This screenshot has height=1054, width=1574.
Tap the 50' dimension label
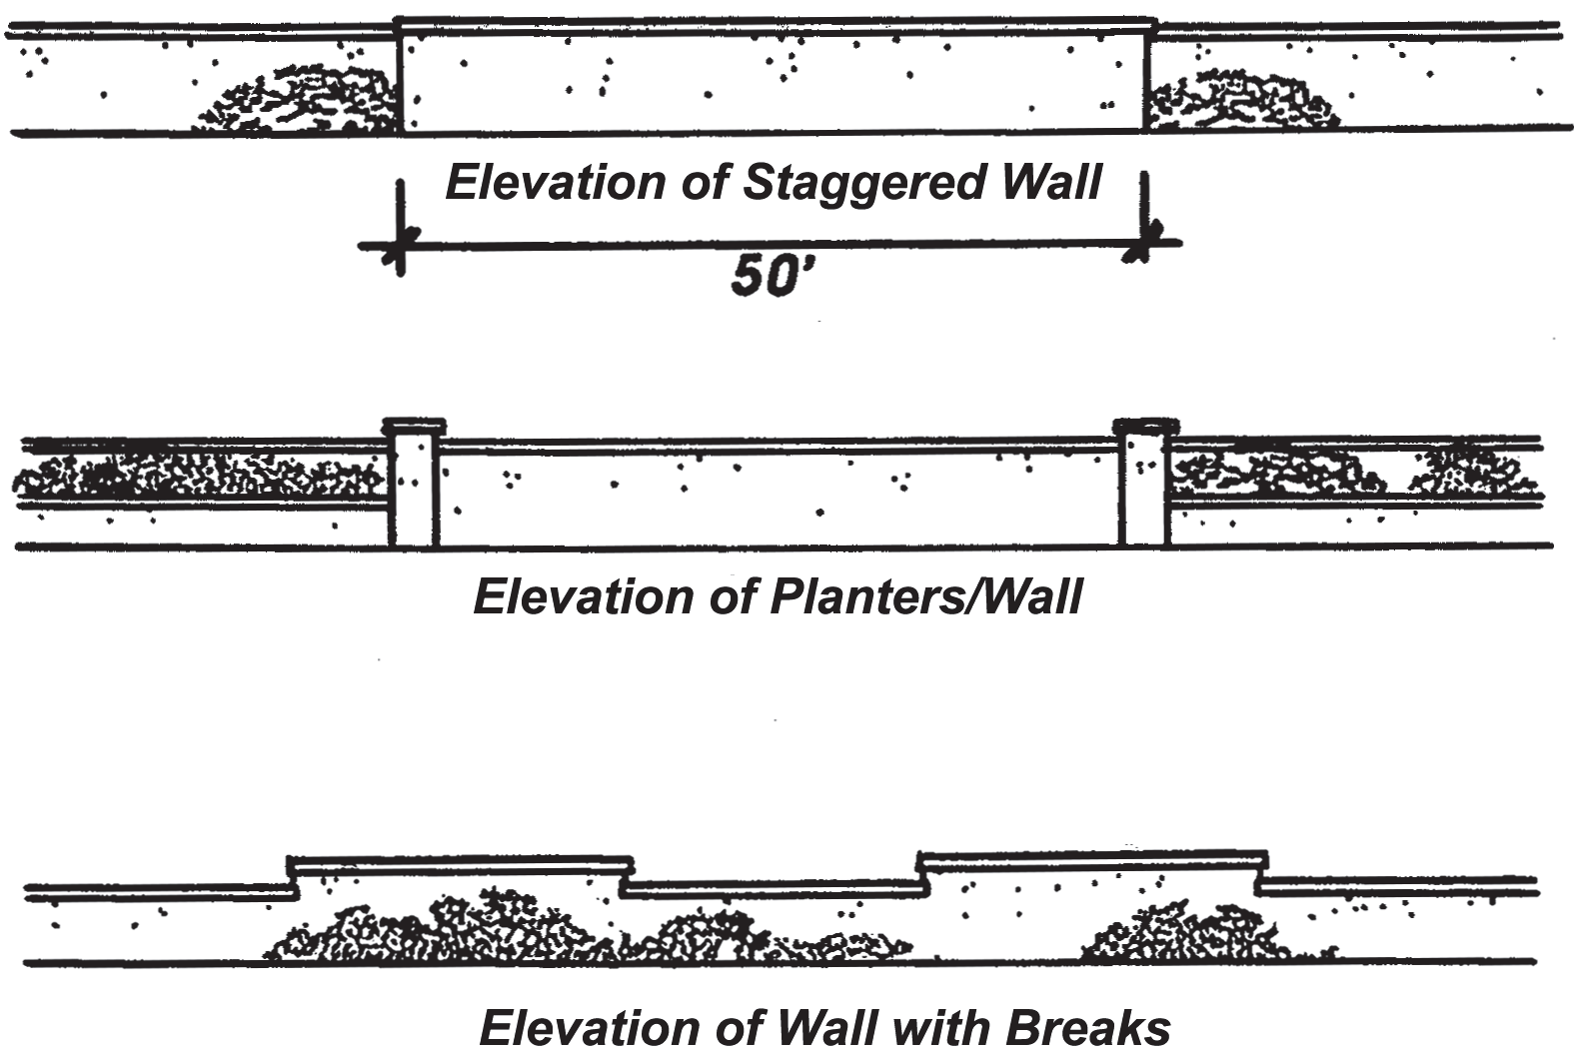coord(768,277)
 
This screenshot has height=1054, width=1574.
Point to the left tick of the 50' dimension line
coord(400,245)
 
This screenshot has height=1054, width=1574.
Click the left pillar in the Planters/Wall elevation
coord(415,490)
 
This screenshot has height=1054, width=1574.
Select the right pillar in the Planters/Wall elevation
coord(1145,489)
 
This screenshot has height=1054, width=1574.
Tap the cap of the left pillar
coord(414,426)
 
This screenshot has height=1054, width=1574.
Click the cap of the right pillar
coord(1146,426)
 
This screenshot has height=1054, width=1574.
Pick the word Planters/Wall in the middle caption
coord(926,598)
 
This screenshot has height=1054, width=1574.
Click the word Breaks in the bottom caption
coord(1088,1029)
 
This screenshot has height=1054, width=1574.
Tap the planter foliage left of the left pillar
coord(200,475)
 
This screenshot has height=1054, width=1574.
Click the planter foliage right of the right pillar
coord(1355,470)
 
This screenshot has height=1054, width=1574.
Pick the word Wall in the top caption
coord(1052,182)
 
